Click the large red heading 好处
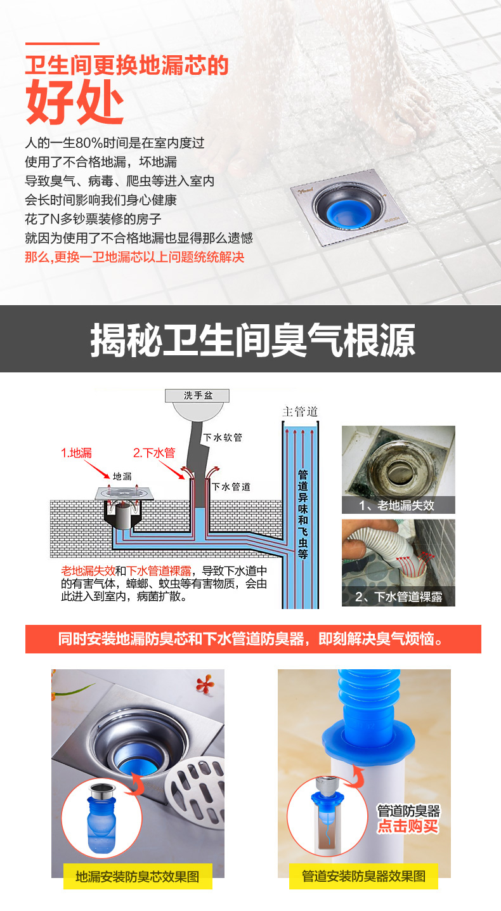[74, 102]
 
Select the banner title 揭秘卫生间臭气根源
[252, 340]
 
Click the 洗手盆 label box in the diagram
[197, 395]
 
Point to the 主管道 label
[300, 412]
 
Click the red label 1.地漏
[77, 453]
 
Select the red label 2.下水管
[154, 453]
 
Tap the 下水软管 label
[223, 438]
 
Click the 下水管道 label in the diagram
[231, 487]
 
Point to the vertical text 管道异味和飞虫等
[303, 514]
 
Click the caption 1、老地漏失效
[397, 506]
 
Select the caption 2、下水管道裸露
[398, 596]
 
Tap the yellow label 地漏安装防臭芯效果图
[138, 877]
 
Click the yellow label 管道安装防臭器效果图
[363, 876]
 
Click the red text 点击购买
[408, 827]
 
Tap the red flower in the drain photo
[205, 684]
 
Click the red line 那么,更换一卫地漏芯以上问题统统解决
[134, 257]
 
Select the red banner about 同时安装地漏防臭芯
[253, 639]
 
